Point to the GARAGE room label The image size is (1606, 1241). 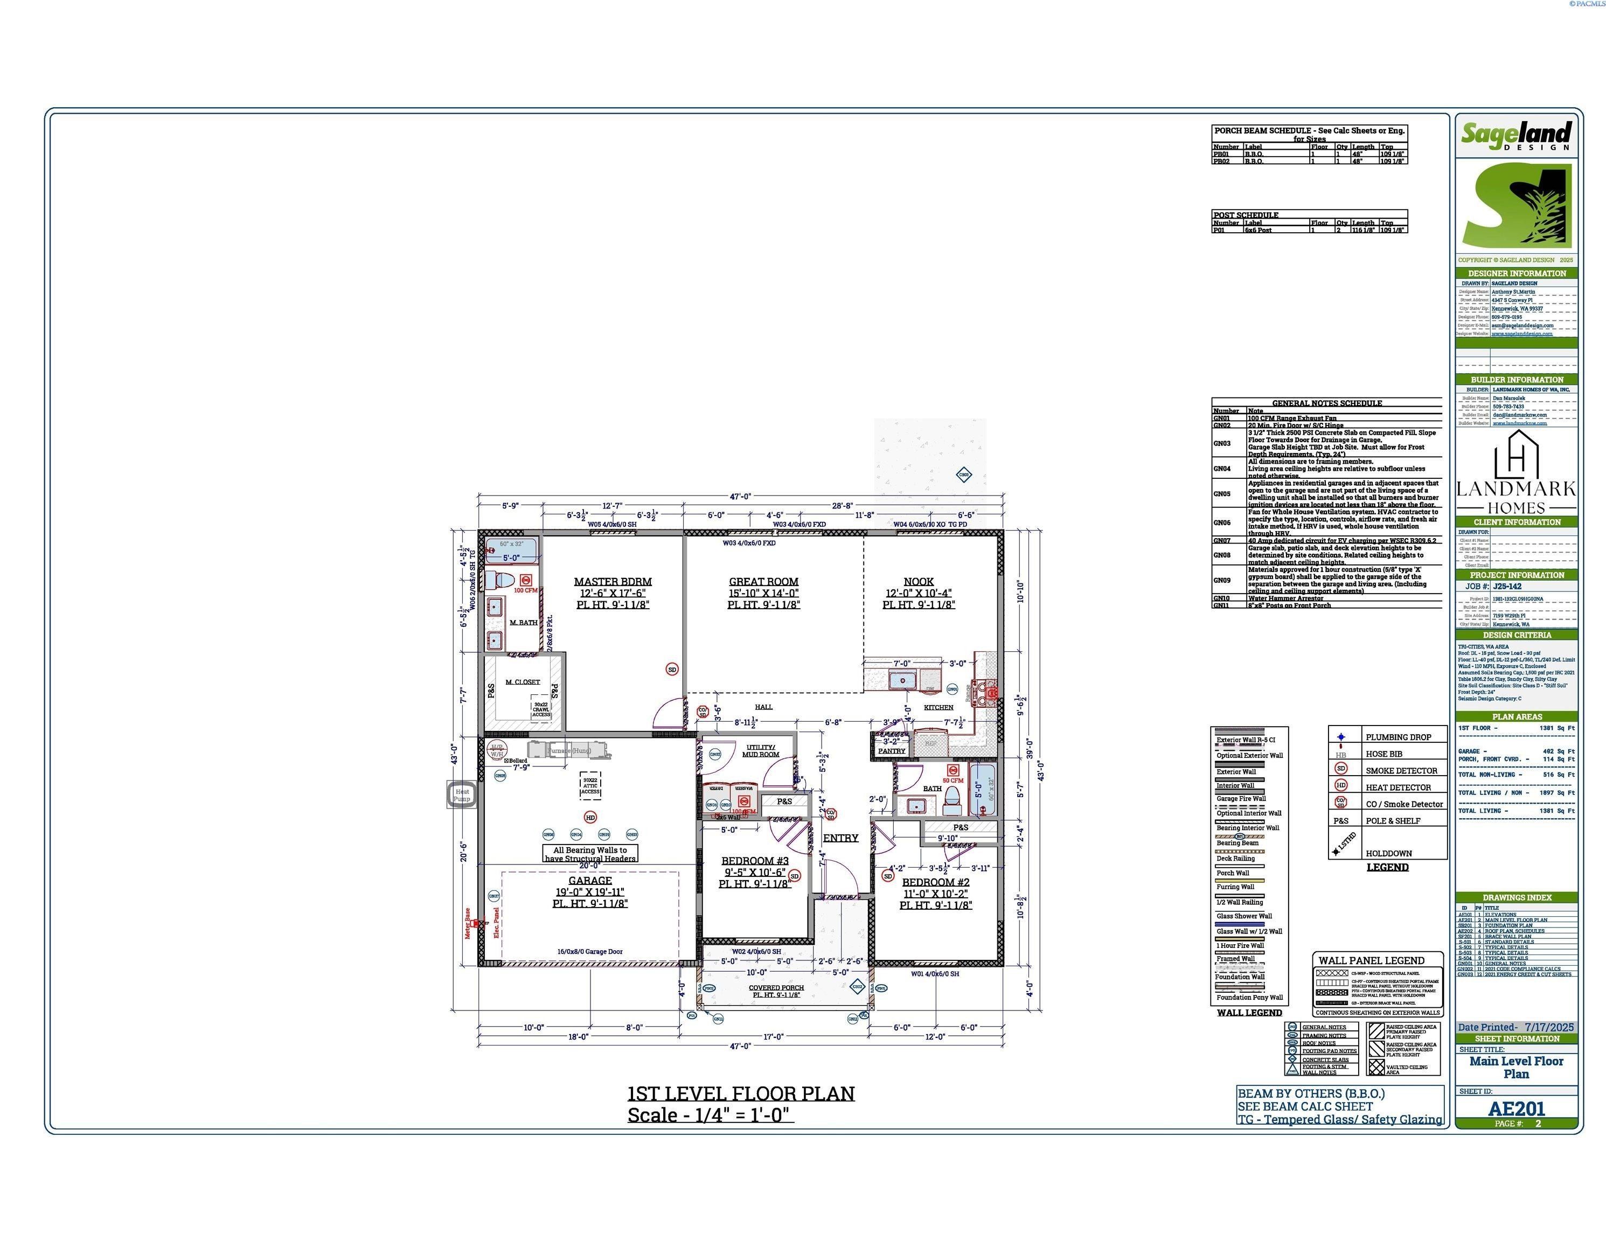click(x=590, y=880)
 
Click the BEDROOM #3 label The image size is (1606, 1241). click(x=754, y=861)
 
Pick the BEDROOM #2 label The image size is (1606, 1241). click(x=935, y=882)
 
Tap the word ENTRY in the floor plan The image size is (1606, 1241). click(x=840, y=838)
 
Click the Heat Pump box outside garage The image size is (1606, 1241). click(x=462, y=794)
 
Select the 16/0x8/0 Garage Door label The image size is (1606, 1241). click(x=590, y=951)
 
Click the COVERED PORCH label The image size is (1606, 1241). click(x=776, y=988)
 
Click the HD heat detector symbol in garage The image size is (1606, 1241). click(x=590, y=817)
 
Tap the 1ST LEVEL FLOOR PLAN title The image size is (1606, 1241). click(x=740, y=1093)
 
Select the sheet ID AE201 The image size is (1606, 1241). click(x=1516, y=1108)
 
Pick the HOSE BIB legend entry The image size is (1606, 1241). click(x=1383, y=754)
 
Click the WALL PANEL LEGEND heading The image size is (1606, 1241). click(x=1372, y=960)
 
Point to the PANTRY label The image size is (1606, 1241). click(x=891, y=751)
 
